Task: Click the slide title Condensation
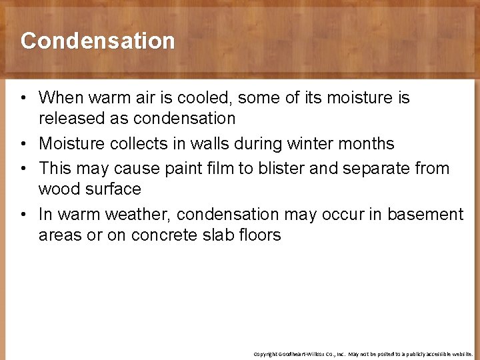(x=97, y=41)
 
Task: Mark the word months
(x=369, y=143)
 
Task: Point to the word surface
(x=114, y=189)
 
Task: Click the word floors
(x=261, y=235)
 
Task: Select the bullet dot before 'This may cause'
(x=23, y=169)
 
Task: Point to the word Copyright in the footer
(x=265, y=354)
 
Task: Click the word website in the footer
(x=461, y=354)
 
